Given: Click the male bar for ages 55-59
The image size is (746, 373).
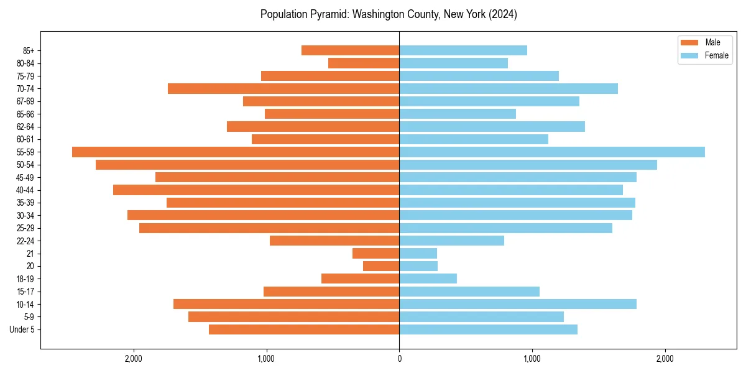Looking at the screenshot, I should [236, 152].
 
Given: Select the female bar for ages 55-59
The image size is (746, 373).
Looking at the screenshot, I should [552, 152].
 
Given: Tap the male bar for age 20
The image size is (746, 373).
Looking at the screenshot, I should [381, 266].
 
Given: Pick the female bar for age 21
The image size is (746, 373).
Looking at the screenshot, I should [418, 253].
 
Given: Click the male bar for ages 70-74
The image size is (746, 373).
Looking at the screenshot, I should [283, 88].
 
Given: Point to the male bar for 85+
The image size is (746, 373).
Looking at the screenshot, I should [350, 50].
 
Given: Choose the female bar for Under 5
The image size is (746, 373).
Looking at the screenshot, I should [488, 329].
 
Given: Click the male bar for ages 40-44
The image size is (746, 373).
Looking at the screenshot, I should [256, 190].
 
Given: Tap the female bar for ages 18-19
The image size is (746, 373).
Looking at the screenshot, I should [428, 279].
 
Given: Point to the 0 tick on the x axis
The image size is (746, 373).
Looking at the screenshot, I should [399, 359].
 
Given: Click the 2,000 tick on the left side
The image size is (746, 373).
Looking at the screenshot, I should [134, 359].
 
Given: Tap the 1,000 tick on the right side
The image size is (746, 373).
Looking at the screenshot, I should [532, 359].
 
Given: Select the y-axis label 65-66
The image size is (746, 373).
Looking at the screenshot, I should [25, 114].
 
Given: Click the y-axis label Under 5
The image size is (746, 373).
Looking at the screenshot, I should [22, 329].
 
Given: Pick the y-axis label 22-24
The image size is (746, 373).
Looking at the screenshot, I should [25, 241].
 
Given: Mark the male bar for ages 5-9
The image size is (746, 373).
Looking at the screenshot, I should [293, 316].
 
